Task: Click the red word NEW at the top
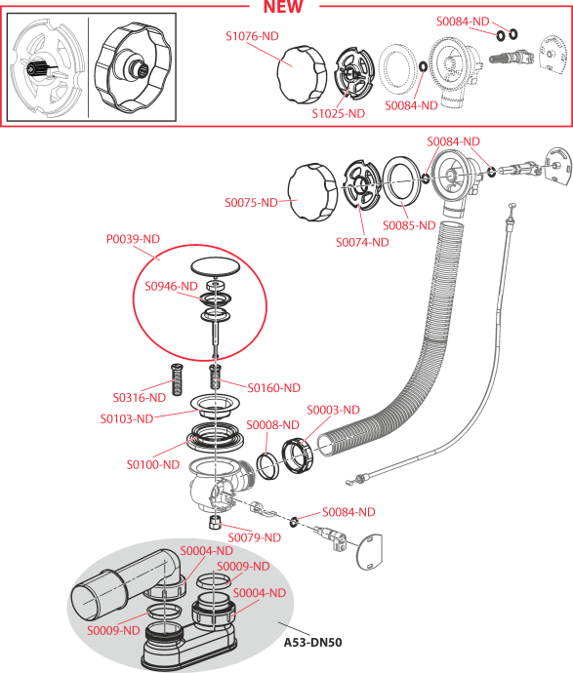point(283,8)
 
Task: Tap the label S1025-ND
point(338,113)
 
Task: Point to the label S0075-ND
point(251,202)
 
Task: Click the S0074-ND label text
point(362,242)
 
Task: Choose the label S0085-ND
point(409,225)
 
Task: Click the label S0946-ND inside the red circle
point(172,287)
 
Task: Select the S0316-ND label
point(139,398)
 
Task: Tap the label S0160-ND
point(273,388)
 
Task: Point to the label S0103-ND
point(127,418)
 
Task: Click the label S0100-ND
point(152,464)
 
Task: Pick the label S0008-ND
point(272,425)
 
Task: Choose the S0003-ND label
point(333,410)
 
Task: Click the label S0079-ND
point(254,537)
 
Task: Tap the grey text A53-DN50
point(312,643)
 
